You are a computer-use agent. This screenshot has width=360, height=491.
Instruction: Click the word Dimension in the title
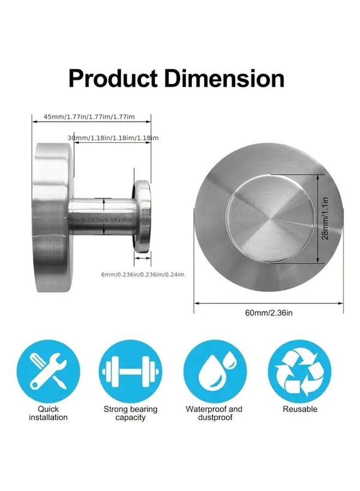pos(224,79)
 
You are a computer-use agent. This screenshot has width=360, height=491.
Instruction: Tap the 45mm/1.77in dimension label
pos(89,117)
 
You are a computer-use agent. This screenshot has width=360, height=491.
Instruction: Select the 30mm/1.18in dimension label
pos(113,138)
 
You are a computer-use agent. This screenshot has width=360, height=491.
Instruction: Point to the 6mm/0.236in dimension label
pos(143,274)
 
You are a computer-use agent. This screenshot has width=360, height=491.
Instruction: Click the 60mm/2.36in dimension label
pos(268,313)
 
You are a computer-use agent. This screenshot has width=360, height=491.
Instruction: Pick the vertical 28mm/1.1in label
pos(326,219)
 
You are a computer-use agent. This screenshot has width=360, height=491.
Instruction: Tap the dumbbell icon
pos(131,372)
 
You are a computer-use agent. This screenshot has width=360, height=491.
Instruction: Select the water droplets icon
pos(214,372)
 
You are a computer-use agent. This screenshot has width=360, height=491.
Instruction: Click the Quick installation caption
pos(49,413)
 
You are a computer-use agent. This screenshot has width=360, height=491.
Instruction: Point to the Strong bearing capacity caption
pos(130,413)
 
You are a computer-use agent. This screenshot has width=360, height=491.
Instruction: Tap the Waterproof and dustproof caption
pos(214,413)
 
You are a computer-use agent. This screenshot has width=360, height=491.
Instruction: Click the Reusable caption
pos(299,409)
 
